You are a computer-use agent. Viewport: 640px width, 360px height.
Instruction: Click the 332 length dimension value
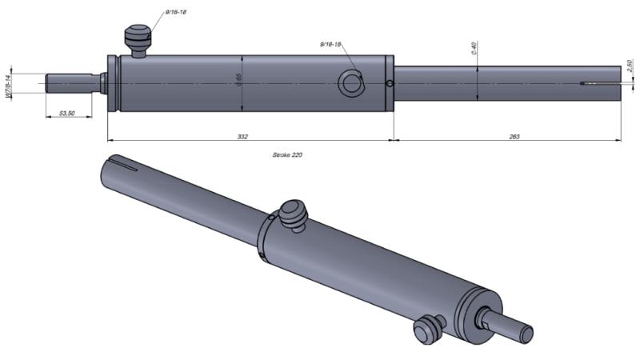coord(242,137)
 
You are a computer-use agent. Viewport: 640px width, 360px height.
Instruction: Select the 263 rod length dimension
coord(514,137)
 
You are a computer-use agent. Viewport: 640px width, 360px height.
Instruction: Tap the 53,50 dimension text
coord(67,114)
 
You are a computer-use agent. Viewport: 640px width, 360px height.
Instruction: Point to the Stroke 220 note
coord(287,154)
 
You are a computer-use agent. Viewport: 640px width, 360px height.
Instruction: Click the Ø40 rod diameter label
coord(475,49)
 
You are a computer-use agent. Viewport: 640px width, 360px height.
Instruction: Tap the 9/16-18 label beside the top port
coord(175,13)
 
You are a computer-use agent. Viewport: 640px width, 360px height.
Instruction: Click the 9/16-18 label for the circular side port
coord(330,46)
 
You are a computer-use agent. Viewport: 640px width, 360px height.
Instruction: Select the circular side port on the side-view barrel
coord(350,82)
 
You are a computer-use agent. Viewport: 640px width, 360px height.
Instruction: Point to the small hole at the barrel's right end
coord(389,83)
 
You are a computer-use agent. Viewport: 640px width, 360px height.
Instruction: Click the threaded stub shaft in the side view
coord(74,82)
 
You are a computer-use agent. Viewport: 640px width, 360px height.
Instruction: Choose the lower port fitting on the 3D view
coord(429,329)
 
